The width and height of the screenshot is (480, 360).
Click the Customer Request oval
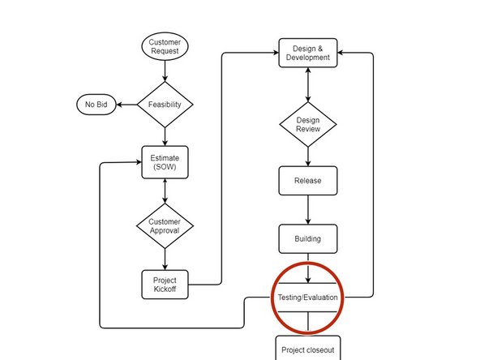pyautogui.click(x=165, y=47)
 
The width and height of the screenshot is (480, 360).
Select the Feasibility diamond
pyautogui.click(x=165, y=105)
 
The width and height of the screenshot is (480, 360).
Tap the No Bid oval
pyautogui.click(x=97, y=105)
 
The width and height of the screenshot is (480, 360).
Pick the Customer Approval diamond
pyautogui.click(x=165, y=225)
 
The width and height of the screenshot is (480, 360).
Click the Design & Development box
pyautogui.click(x=307, y=53)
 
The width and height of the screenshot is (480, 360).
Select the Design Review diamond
pyautogui.click(x=307, y=125)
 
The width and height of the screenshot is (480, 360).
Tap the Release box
pyautogui.click(x=307, y=180)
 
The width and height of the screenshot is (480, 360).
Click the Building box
pyautogui.click(x=307, y=239)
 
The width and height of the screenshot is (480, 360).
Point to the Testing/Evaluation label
pyautogui.click(x=307, y=298)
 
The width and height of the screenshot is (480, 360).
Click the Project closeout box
pyautogui.click(x=307, y=351)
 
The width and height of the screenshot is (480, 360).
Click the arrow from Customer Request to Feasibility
pyautogui.click(x=165, y=71)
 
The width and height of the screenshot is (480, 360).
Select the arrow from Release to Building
pyautogui.click(x=307, y=210)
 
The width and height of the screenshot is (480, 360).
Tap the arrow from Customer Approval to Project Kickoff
pyautogui.click(x=165, y=259)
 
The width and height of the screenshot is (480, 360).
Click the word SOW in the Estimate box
pyautogui.click(x=165, y=168)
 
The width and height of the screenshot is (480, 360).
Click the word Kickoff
pyautogui.click(x=165, y=290)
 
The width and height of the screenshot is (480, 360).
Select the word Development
pyautogui.click(x=307, y=58)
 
